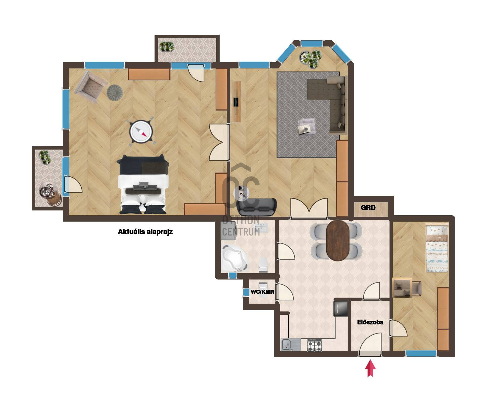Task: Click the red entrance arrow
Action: (x=370, y=368)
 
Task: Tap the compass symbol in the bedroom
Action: (x=141, y=132)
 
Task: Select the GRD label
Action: (x=368, y=207)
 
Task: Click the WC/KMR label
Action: (x=262, y=292)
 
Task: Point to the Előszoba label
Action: (x=370, y=322)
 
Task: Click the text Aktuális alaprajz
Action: (x=145, y=232)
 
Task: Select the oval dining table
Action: (x=338, y=240)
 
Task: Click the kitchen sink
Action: (x=291, y=345)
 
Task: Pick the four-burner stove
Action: (x=315, y=345)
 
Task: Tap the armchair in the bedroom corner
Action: (x=90, y=87)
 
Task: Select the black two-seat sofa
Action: (x=257, y=207)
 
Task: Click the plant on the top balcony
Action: (x=166, y=47)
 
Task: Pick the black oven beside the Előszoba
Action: (x=341, y=308)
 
